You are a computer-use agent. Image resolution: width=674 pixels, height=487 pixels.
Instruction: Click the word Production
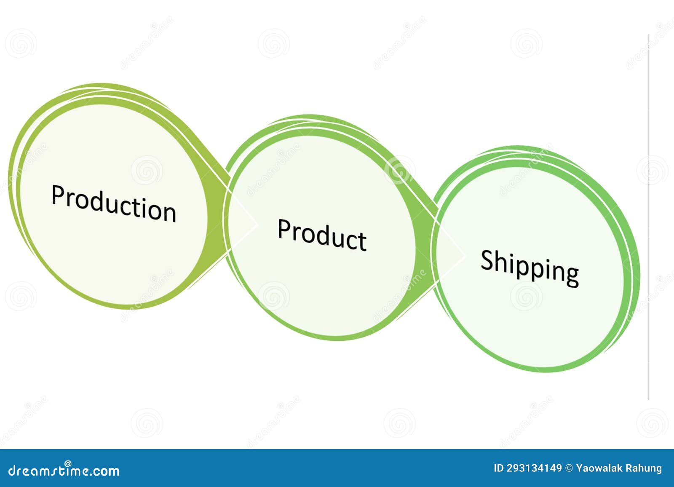tap(114, 203)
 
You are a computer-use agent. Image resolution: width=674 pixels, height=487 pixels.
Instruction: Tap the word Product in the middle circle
tap(322, 235)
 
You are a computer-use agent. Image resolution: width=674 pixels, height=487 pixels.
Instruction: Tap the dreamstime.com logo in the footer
tap(64, 470)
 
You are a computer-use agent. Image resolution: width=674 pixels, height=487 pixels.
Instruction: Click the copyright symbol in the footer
tap(569, 468)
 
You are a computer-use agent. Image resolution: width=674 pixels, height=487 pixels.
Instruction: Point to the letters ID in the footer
tap(498, 468)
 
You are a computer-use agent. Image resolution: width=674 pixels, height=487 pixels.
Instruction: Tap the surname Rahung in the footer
tap(645, 468)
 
